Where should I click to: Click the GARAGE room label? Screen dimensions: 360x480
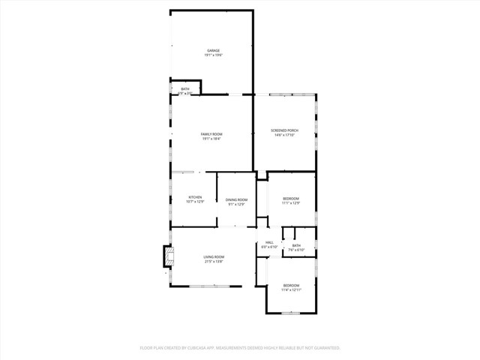(214, 50)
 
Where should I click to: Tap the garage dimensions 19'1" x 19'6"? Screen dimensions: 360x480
(214, 55)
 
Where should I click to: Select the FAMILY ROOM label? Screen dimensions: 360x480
(211, 133)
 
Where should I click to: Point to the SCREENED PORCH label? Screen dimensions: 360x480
(284, 130)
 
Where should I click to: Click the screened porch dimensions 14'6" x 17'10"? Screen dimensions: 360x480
(284, 135)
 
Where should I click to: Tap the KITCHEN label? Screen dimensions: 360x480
(195, 197)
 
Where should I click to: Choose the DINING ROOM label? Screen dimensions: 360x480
(236, 199)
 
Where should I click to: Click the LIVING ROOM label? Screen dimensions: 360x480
(214, 256)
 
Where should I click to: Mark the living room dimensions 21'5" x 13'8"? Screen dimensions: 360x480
(214, 262)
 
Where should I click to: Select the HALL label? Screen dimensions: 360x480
(269, 242)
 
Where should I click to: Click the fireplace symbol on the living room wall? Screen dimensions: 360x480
(166, 257)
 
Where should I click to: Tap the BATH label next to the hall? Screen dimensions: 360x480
(296, 245)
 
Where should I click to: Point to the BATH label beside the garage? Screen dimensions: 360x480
(185, 89)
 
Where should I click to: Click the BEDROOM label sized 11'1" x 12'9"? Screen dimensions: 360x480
(291, 198)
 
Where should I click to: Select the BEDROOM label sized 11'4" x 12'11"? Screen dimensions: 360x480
(291, 285)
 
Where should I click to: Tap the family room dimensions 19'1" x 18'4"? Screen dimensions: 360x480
(211, 138)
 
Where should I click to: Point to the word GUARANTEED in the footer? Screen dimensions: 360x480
(324, 348)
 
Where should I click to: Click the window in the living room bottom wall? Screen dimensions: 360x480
(209, 286)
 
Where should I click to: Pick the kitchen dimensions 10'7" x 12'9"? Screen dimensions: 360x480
(195, 202)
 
